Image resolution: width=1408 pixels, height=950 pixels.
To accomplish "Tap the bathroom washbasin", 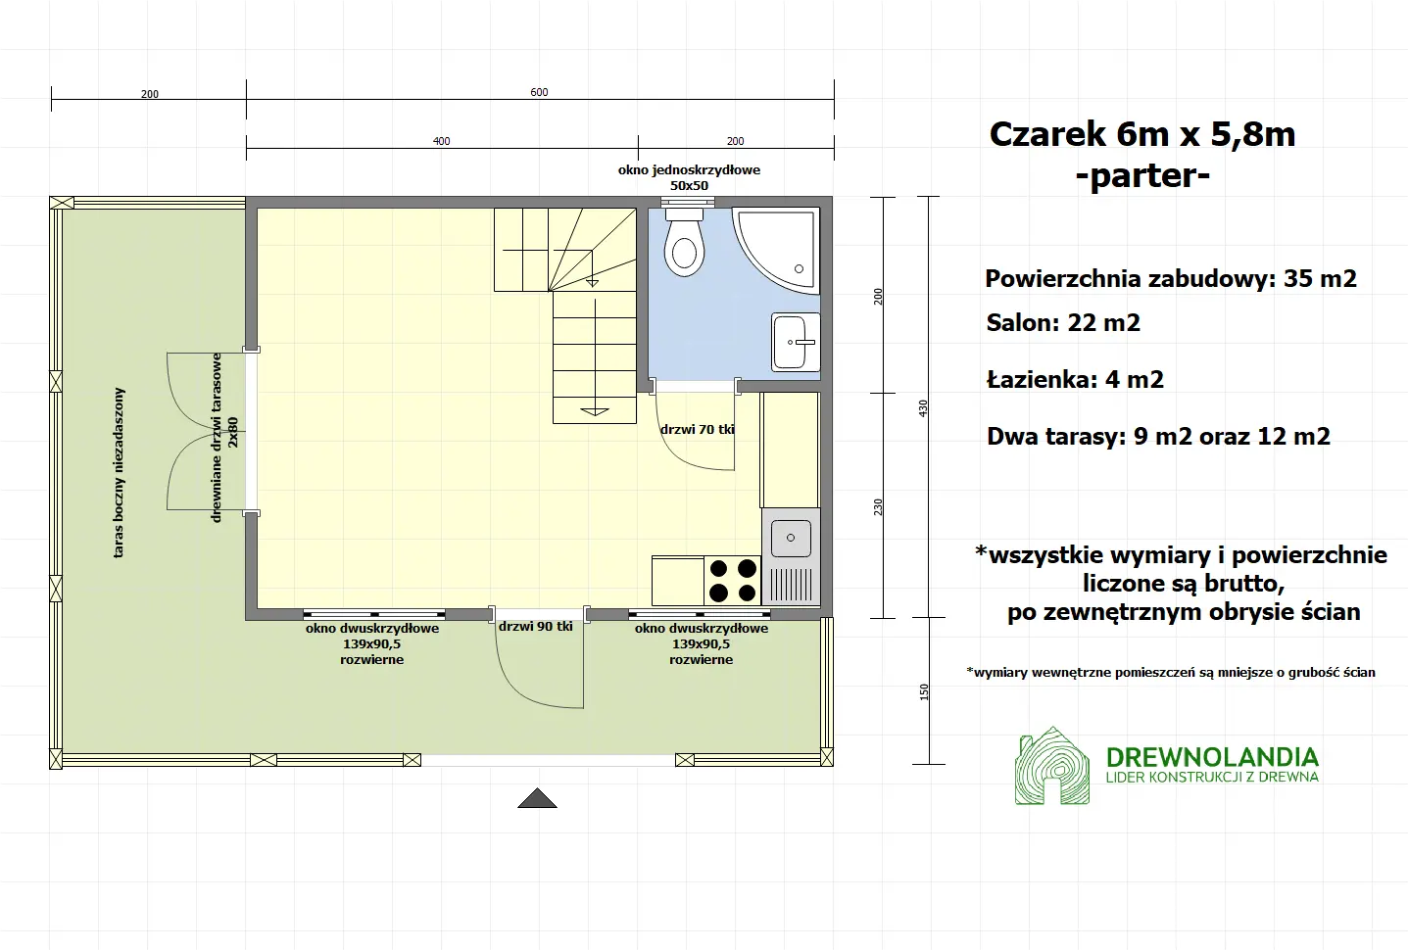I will pos(796,342).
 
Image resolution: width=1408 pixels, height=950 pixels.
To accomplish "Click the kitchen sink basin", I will pos(791,538).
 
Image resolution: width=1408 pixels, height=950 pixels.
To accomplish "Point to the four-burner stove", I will pos(733,580).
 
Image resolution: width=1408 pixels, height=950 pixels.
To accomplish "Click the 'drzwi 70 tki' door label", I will pos(697,429).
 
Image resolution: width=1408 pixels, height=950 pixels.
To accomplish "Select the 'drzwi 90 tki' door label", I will pos(535,626).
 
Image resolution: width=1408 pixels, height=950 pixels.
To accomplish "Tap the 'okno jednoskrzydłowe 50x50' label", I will pos(689,177).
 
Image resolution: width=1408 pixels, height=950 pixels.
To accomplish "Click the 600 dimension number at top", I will pos(539,92).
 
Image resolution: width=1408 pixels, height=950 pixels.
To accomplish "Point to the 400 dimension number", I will pos(441,141).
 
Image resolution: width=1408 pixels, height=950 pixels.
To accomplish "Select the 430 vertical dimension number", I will pos(923,407).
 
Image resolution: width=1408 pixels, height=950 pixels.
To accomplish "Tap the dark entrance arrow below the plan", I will pos(537,798).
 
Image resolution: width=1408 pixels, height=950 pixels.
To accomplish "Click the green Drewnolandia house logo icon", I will pos(1052,766).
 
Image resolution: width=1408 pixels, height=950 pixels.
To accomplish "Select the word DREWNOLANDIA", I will pos(1212,757).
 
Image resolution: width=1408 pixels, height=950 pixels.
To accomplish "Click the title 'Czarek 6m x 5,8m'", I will pos(1142,134).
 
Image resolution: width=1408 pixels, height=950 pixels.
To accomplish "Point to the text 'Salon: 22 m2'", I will pos(1063,323).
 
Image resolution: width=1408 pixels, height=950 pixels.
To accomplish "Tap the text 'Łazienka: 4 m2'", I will pos(1075,380).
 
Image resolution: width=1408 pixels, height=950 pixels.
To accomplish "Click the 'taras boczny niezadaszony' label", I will pos(120,472).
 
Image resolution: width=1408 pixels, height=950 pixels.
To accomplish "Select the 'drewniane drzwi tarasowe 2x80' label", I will pos(224,437).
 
